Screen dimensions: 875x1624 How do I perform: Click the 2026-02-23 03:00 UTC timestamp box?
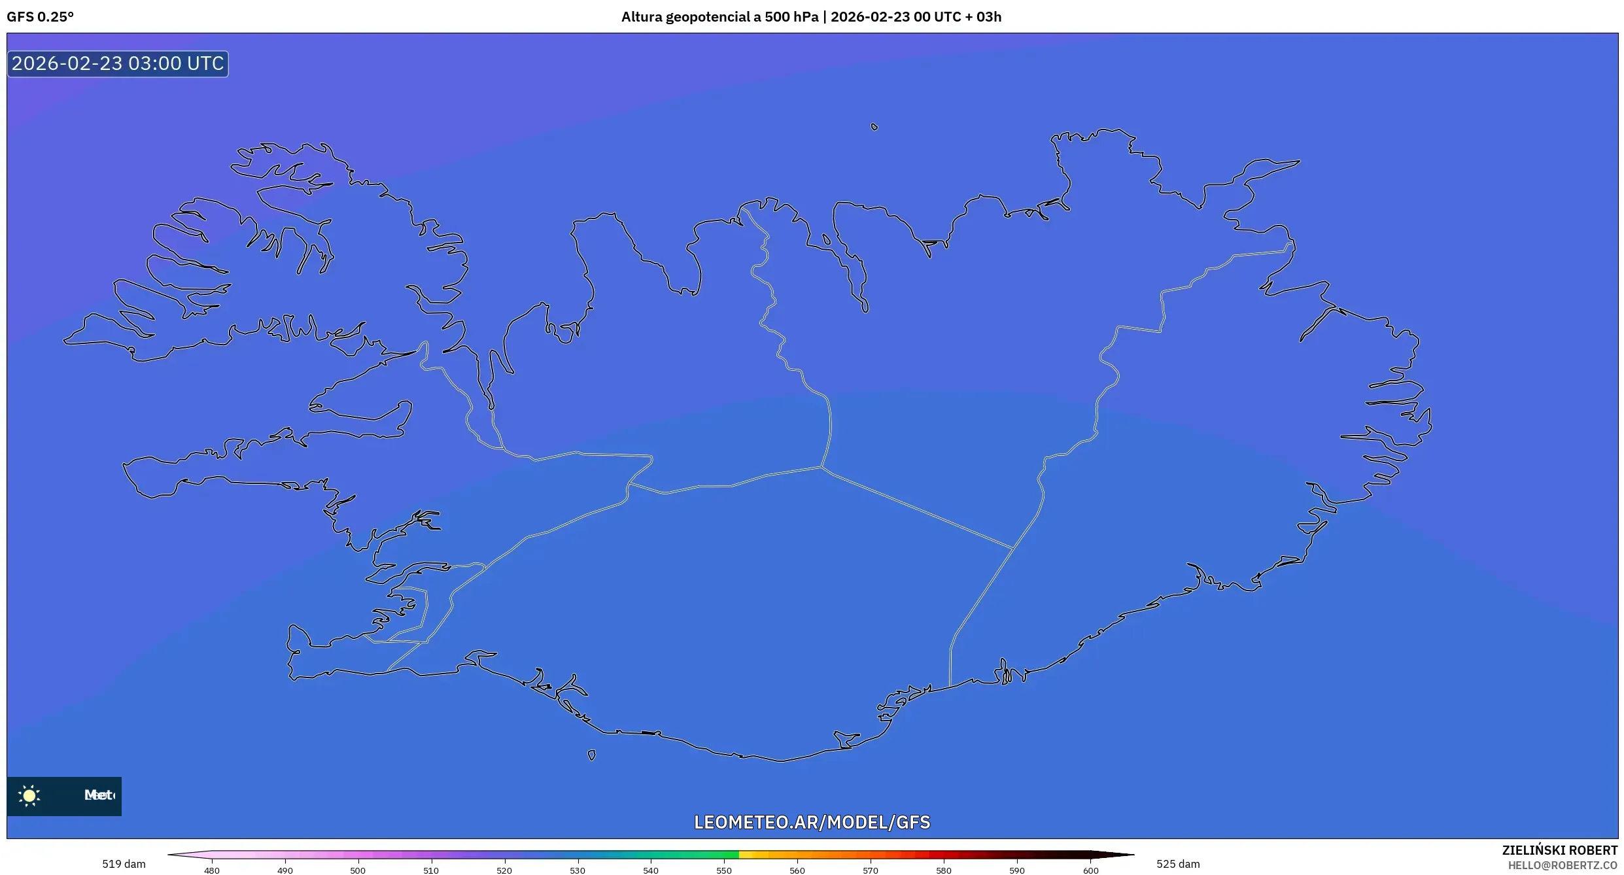pos(118,63)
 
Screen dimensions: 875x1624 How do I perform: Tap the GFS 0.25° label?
pos(40,17)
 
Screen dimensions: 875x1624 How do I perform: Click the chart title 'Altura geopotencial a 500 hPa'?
pos(719,17)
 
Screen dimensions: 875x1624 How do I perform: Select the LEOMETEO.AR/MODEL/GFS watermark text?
pos(812,822)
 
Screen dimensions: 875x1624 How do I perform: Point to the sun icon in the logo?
pos(29,795)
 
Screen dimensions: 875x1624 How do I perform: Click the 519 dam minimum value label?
pos(124,864)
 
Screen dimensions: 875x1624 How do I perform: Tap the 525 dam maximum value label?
pos(1178,864)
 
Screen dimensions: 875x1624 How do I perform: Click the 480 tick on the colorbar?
pos(212,870)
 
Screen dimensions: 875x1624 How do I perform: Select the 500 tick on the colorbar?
pos(358,870)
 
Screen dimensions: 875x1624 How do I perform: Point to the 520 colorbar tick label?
pos(504,870)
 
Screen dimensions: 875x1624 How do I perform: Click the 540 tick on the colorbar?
pos(651,870)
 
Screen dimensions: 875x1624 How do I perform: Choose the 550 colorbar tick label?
pos(724,870)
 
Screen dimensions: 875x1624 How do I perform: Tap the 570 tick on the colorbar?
pos(871,870)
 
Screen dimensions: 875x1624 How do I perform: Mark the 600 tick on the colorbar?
pos(1090,870)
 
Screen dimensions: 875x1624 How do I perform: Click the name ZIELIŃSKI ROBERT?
pos(1559,850)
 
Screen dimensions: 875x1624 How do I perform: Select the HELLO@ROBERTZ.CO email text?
pos(1563,865)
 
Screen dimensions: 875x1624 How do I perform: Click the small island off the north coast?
pos(874,127)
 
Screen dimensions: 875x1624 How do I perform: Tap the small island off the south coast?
pos(591,755)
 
